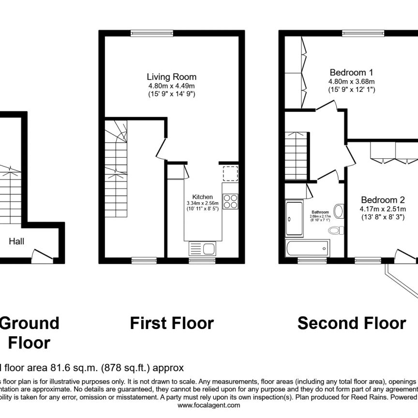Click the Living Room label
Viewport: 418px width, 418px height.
(x=172, y=76)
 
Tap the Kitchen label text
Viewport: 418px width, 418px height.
(x=203, y=196)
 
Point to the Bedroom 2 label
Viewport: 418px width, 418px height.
(x=382, y=199)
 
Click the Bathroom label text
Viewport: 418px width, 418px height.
(x=320, y=212)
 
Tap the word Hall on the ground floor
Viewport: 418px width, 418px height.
(x=16, y=240)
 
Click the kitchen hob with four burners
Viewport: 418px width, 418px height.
(x=230, y=200)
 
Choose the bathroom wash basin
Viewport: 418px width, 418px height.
(x=339, y=211)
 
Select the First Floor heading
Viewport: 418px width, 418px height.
(x=172, y=323)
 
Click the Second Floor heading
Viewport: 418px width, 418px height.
(x=352, y=323)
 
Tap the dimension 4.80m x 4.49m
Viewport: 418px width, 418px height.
(x=172, y=86)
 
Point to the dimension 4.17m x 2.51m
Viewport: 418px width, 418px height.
(x=382, y=209)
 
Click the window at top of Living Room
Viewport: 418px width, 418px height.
(x=145, y=33)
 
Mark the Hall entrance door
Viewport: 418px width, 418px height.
(x=42, y=255)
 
